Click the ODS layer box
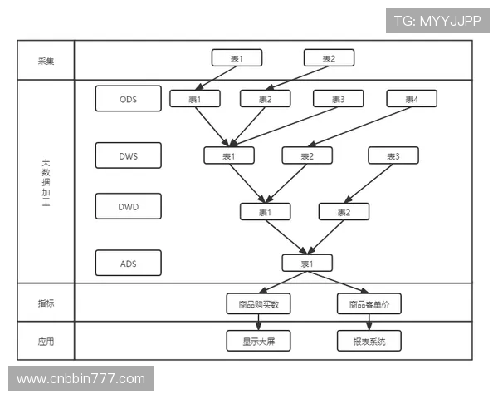click(129, 99)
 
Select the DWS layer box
click(129, 155)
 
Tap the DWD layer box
click(129, 206)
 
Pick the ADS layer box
click(129, 264)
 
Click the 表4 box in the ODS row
click(412, 99)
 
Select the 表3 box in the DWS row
click(393, 155)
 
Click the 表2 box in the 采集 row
click(329, 58)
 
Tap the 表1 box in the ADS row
click(307, 264)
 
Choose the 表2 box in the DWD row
click(344, 212)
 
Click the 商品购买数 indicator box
click(258, 304)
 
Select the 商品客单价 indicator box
click(369, 304)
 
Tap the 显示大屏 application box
click(258, 341)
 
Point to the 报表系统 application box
click(369, 341)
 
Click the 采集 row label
click(46, 61)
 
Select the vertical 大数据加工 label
click(46, 183)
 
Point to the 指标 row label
click(46, 303)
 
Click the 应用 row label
click(46, 342)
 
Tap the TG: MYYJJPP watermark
click(437, 21)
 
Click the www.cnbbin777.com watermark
click(81, 379)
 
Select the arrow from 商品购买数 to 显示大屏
click(258, 323)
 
